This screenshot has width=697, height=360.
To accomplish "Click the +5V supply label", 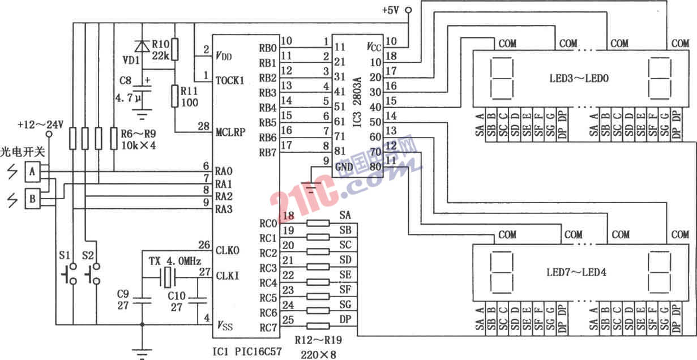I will coord(391,10).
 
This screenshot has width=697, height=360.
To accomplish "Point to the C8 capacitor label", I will coord(127,82).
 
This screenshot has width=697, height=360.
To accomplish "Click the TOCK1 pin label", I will coord(230,80).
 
